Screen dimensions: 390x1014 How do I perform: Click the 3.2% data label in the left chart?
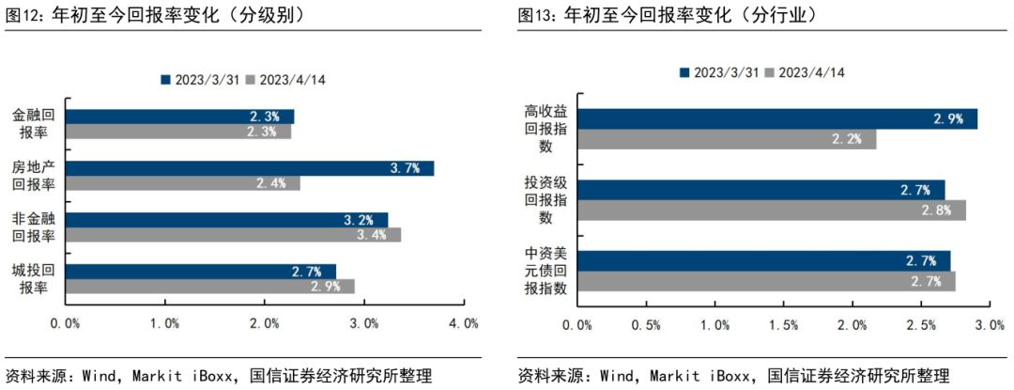[x=359, y=221]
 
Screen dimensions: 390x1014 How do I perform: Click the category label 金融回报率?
[x=34, y=123]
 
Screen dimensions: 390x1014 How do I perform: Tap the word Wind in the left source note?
[x=99, y=376]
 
